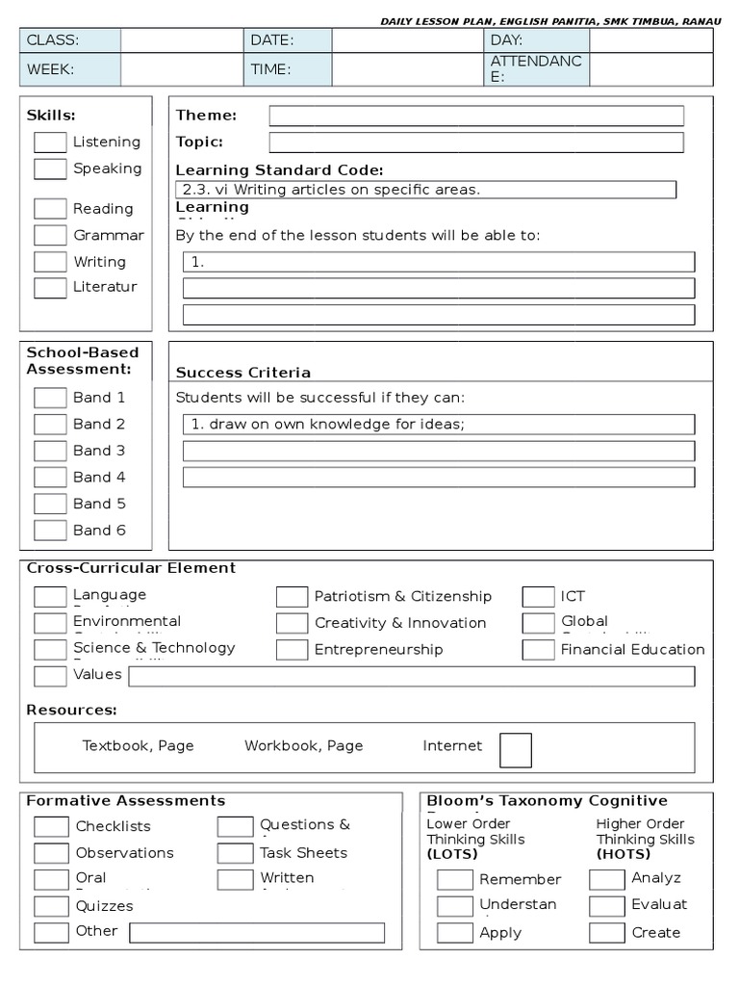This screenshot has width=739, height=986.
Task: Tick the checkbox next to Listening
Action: click(x=50, y=143)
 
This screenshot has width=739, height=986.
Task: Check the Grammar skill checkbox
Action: click(x=50, y=235)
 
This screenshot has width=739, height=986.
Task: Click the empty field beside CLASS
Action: click(x=182, y=40)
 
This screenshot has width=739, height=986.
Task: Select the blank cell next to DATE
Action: click(x=407, y=40)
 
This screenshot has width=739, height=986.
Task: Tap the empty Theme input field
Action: click(x=476, y=116)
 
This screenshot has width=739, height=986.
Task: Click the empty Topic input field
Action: click(x=476, y=143)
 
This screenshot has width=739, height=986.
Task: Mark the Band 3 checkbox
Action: click(x=50, y=451)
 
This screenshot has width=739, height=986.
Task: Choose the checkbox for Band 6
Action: click(x=50, y=531)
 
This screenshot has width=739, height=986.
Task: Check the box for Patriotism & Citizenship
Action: click(x=292, y=597)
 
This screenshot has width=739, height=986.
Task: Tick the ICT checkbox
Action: click(x=538, y=597)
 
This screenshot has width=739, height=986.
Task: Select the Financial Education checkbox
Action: click(x=538, y=650)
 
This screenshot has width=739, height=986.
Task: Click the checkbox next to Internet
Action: click(x=515, y=750)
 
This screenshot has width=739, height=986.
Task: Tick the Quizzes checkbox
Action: click(x=51, y=906)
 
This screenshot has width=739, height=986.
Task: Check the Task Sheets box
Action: click(x=235, y=853)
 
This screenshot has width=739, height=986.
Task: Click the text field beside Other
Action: click(x=257, y=933)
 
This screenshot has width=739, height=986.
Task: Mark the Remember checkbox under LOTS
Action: click(x=454, y=879)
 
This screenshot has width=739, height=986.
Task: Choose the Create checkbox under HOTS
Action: click(x=606, y=932)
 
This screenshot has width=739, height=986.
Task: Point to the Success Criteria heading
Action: click(x=243, y=373)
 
